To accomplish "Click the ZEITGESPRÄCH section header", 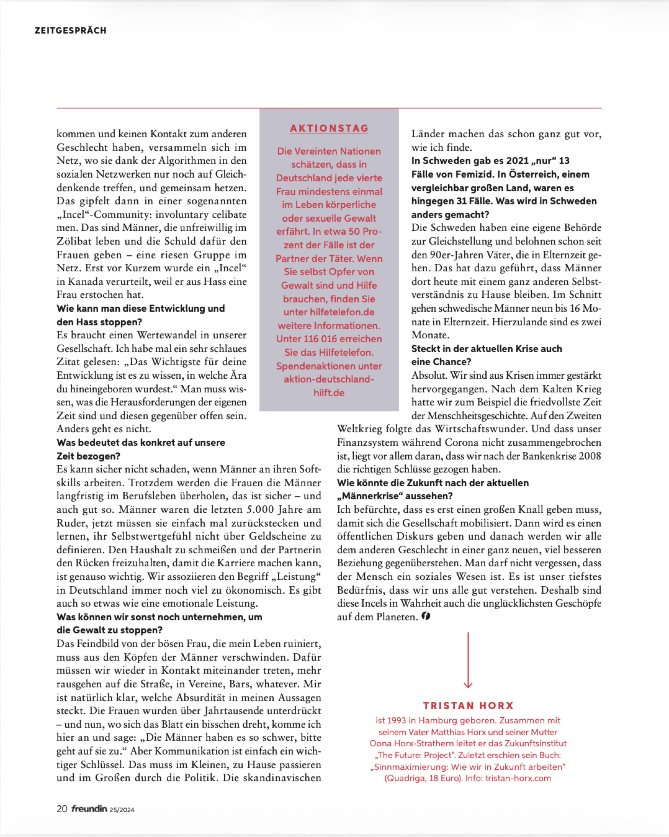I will coord(70,31).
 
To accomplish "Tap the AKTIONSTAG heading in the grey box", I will coord(329,128).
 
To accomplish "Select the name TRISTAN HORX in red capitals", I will coord(468,705).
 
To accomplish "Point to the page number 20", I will coord(62,809).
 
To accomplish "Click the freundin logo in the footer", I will coord(89,809).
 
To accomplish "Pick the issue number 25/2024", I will coord(122,810).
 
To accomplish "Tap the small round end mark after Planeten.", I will coord(426,616).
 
